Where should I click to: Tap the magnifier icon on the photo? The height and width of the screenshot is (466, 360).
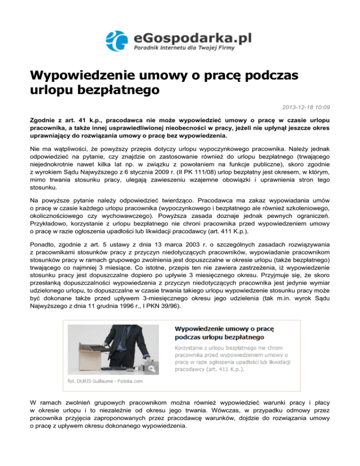152,369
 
